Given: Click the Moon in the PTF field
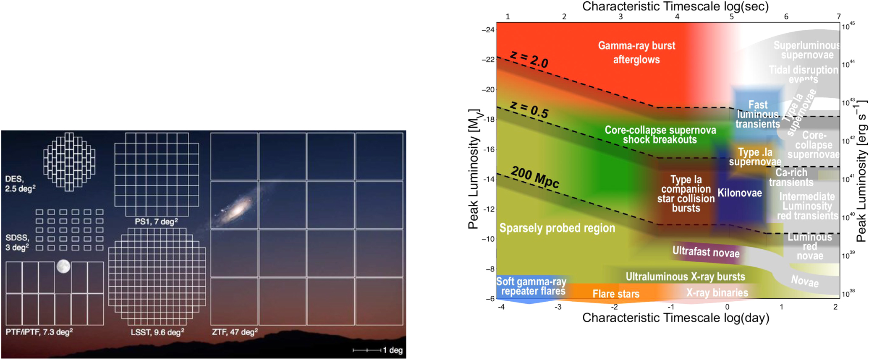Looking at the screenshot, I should pos(63,266).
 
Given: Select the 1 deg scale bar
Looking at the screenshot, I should pos(367,350).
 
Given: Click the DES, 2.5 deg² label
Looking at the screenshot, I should pos(20,184).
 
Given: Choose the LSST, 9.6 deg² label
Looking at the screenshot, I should pos(157,332).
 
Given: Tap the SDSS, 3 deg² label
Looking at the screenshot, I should pos(17,243).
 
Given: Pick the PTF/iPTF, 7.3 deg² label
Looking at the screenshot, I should pos(39,332).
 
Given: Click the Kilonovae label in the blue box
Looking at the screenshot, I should pos(739,193).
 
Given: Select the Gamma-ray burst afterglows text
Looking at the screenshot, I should pos(636,52).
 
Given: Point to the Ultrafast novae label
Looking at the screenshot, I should pos(706,252).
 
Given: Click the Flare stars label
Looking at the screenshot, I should pos(616,294).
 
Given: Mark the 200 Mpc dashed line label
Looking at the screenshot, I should pos(535,177).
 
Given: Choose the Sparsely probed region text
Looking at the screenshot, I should pos(557,228).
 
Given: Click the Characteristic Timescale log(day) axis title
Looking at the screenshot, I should pos(675,318).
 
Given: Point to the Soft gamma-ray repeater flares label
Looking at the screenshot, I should pos(531,286).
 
